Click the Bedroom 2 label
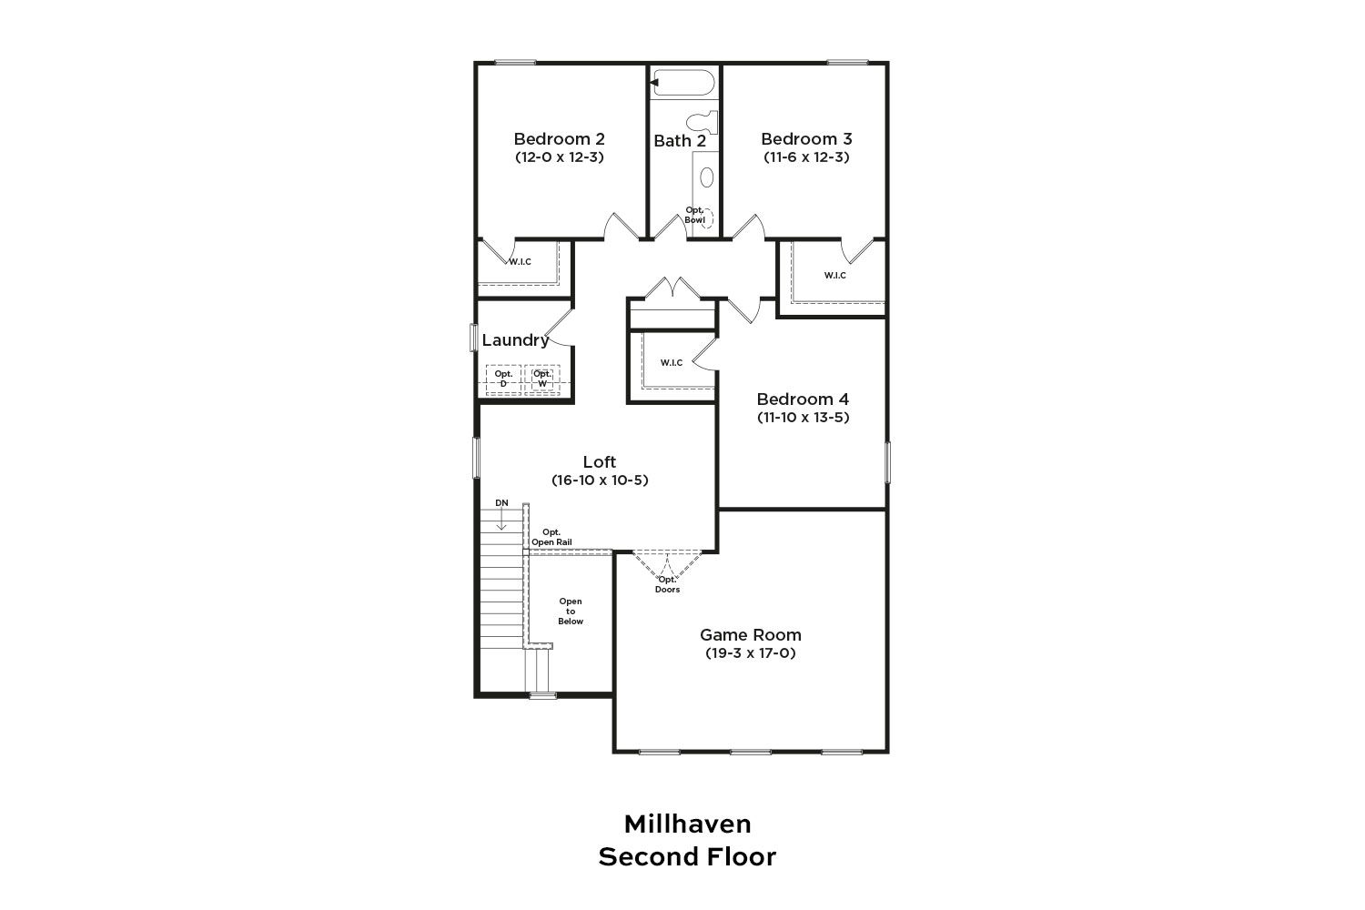[x=559, y=139]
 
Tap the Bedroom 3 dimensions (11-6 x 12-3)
[x=806, y=157]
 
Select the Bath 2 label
[x=680, y=141]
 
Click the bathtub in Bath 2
[x=682, y=83]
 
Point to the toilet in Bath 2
[x=703, y=123]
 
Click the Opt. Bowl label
[x=694, y=215]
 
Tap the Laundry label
[x=515, y=340]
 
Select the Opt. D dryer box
[x=503, y=379]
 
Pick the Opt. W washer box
[x=541, y=379]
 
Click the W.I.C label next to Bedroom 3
[x=834, y=276]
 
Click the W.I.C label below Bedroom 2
[x=520, y=262]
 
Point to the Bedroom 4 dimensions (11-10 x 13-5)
[x=804, y=418]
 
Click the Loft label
[x=599, y=461]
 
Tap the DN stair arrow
[x=501, y=519]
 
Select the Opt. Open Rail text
[x=551, y=537]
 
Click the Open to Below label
[x=571, y=612]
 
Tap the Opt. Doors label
[x=667, y=584]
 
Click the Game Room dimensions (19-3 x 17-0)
[x=751, y=653]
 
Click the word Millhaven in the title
[x=687, y=824]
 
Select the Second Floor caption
[x=687, y=857]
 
